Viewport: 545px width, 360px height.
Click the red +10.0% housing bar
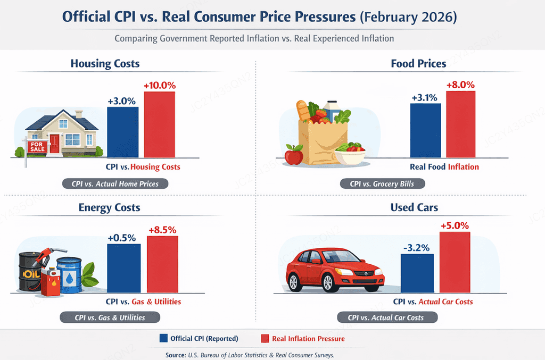point(160,124)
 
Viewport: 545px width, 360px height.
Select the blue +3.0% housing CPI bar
point(123,132)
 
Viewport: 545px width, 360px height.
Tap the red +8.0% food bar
point(460,124)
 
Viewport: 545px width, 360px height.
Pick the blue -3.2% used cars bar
point(417,273)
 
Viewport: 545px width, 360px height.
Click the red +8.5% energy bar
point(162,264)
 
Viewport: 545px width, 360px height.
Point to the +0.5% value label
point(121,238)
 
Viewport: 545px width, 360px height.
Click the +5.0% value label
point(455,225)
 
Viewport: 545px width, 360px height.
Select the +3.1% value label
point(424,97)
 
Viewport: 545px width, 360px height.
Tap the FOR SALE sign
point(37,147)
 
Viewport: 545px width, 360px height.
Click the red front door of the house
point(55,144)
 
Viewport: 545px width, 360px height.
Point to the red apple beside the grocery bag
point(294,155)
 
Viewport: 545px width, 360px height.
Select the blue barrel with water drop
point(70,275)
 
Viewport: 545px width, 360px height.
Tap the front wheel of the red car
point(328,282)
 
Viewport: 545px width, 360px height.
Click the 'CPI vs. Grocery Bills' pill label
point(382,183)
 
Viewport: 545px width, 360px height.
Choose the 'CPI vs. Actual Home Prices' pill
point(115,183)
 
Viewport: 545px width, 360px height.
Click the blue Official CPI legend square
point(163,338)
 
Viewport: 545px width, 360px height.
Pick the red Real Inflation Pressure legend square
point(265,339)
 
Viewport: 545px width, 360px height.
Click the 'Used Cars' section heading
point(414,207)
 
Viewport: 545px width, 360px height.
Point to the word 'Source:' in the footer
point(176,355)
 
